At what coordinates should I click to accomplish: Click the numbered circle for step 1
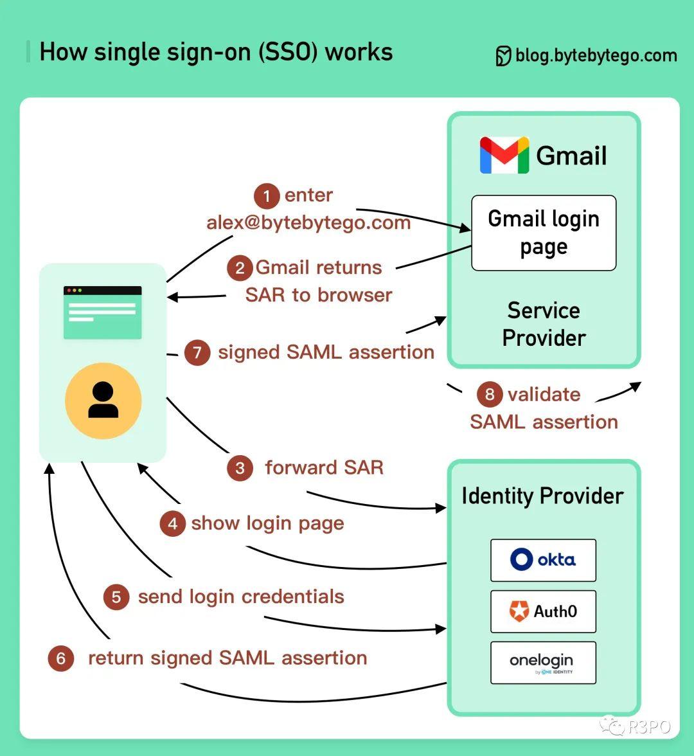click(267, 196)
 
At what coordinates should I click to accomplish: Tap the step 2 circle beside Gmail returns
click(240, 267)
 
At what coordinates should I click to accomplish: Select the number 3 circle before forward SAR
click(240, 468)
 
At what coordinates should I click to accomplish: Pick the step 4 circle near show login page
click(172, 524)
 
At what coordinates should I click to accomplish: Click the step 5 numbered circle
click(116, 597)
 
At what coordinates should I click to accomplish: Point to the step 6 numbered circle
click(61, 659)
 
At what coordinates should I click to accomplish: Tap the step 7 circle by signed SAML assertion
click(197, 353)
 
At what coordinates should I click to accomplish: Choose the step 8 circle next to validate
click(490, 394)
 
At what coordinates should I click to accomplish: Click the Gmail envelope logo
click(504, 156)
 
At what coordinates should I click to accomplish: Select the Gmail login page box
click(544, 233)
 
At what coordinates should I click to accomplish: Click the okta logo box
click(543, 560)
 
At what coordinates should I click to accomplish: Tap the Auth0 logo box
click(543, 611)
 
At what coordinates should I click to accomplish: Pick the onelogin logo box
click(543, 662)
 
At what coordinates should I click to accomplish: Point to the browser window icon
click(103, 312)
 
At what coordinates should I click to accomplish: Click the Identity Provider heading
click(542, 496)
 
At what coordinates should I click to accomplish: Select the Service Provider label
click(544, 324)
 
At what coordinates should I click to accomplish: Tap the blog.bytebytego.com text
click(596, 56)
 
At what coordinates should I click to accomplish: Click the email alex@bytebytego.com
click(308, 223)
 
